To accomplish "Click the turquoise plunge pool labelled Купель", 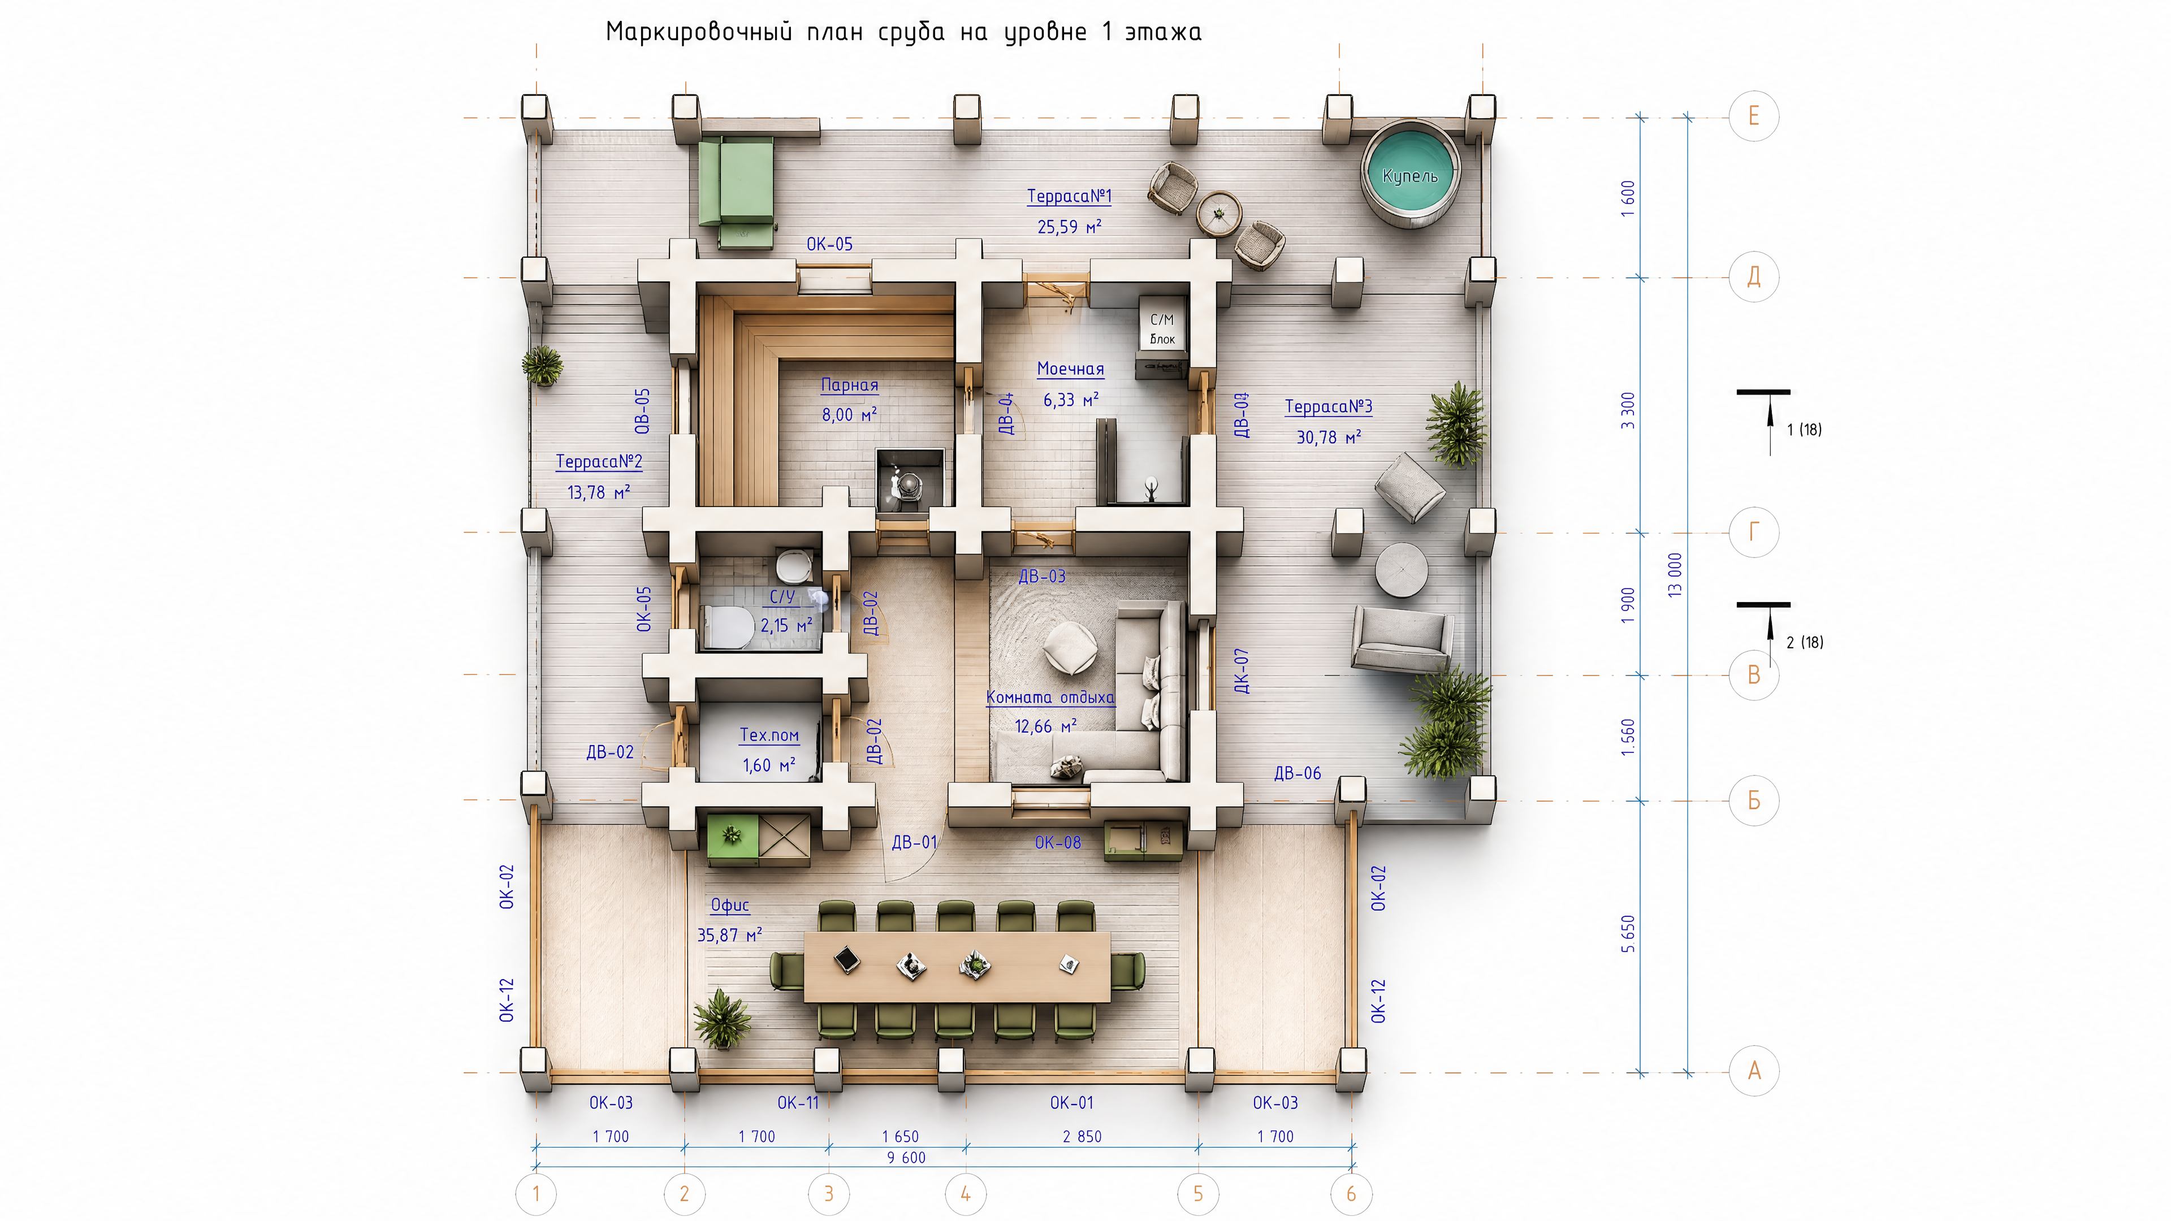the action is click(x=1410, y=175).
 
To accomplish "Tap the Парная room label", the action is click(x=850, y=385).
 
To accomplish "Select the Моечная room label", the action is click(x=1070, y=368).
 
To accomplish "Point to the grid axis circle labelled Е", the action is click(x=1754, y=115).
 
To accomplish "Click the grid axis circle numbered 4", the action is click(x=966, y=1194).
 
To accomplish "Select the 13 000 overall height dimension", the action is click(x=1675, y=575).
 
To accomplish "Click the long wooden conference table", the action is click(x=957, y=967).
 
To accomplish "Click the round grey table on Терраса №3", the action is click(x=1402, y=570).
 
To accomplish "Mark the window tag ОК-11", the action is click(x=797, y=1103).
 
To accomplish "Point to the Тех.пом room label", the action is click(x=769, y=735).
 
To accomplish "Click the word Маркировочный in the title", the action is click(x=699, y=32).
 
